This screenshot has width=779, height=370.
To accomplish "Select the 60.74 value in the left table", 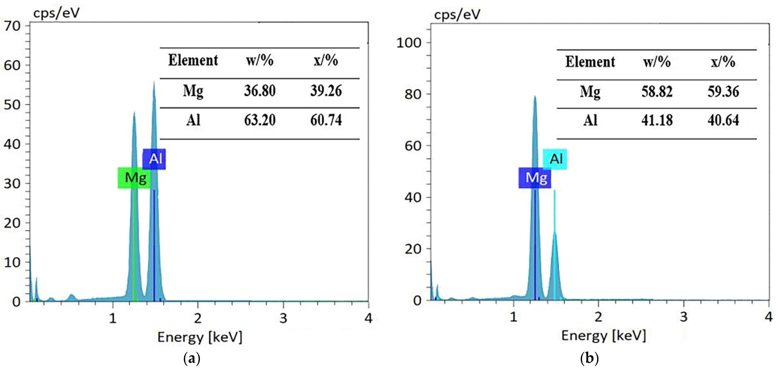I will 326,120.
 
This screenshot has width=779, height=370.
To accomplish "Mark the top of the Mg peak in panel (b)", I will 535,96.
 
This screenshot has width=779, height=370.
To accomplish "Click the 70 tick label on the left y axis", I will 12,26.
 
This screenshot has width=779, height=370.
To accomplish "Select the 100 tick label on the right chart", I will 409,43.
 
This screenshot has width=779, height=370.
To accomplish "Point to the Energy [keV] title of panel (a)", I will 200,337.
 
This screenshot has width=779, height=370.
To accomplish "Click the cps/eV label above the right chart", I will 457,14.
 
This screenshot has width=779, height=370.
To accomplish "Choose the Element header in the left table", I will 193,60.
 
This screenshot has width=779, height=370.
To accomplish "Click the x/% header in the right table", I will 723,62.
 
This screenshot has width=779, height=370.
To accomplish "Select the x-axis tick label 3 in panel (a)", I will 283,318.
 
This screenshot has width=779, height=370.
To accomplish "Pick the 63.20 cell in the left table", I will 260,120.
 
